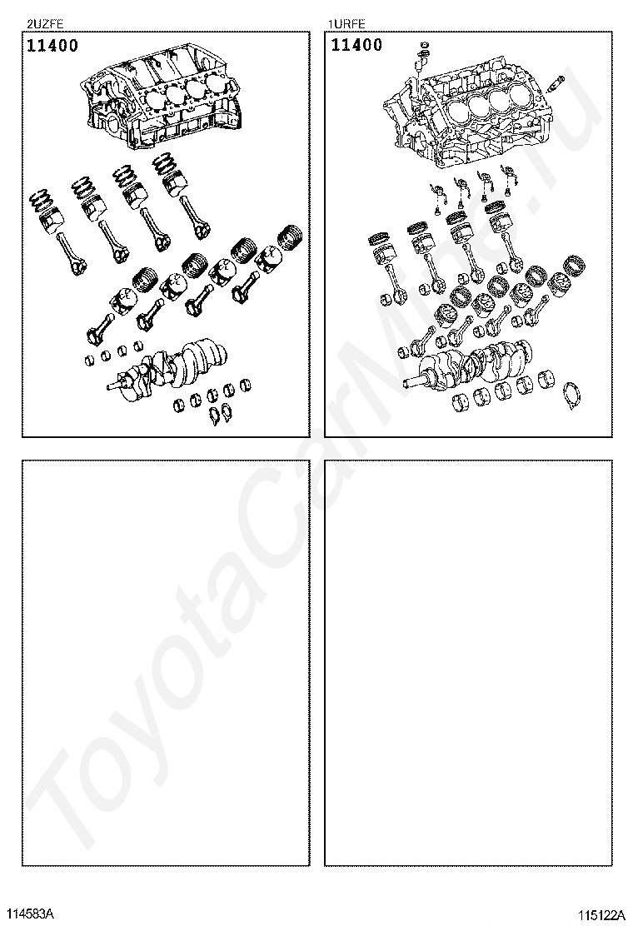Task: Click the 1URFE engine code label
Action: [x=347, y=24]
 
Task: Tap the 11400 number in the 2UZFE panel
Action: [x=52, y=46]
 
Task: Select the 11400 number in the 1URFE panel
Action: [x=356, y=45]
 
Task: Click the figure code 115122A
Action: [x=601, y=916]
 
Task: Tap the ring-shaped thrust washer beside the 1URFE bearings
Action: [x=571, y=397]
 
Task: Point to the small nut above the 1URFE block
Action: [x=423, y=45]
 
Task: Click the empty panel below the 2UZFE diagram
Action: [x=166, y=663]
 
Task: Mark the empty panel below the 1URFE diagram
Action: [x=468, y=663]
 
